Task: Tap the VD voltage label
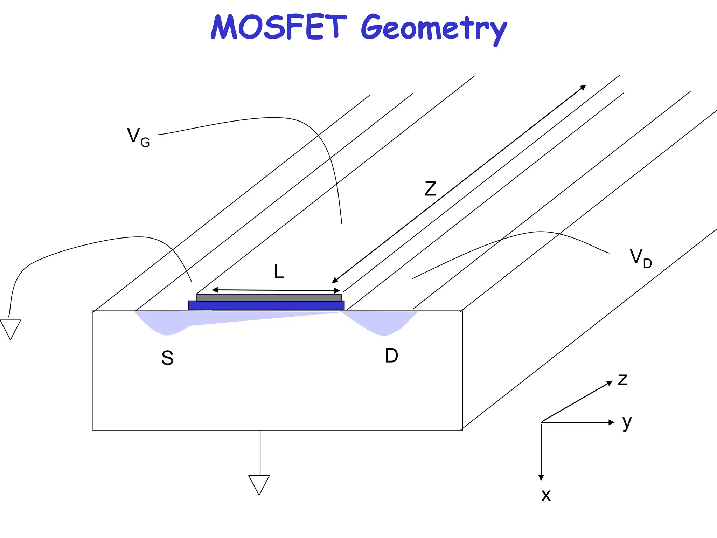coord(640,258)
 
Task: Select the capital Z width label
coord(430,189)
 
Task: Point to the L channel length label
coord(279,271)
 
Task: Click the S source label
coord(167,358)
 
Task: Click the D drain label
coord(391,356)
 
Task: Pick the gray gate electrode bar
coord(269,298)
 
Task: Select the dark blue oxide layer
coord(266,305)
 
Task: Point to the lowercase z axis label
coord(622,380)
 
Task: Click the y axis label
coord(627,422)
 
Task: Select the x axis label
coord(546,495)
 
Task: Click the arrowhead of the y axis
coord(612,422)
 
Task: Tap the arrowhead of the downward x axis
coord(541,477)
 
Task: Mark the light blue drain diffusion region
coord(383,322)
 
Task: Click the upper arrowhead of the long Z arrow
coord(583,87)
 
